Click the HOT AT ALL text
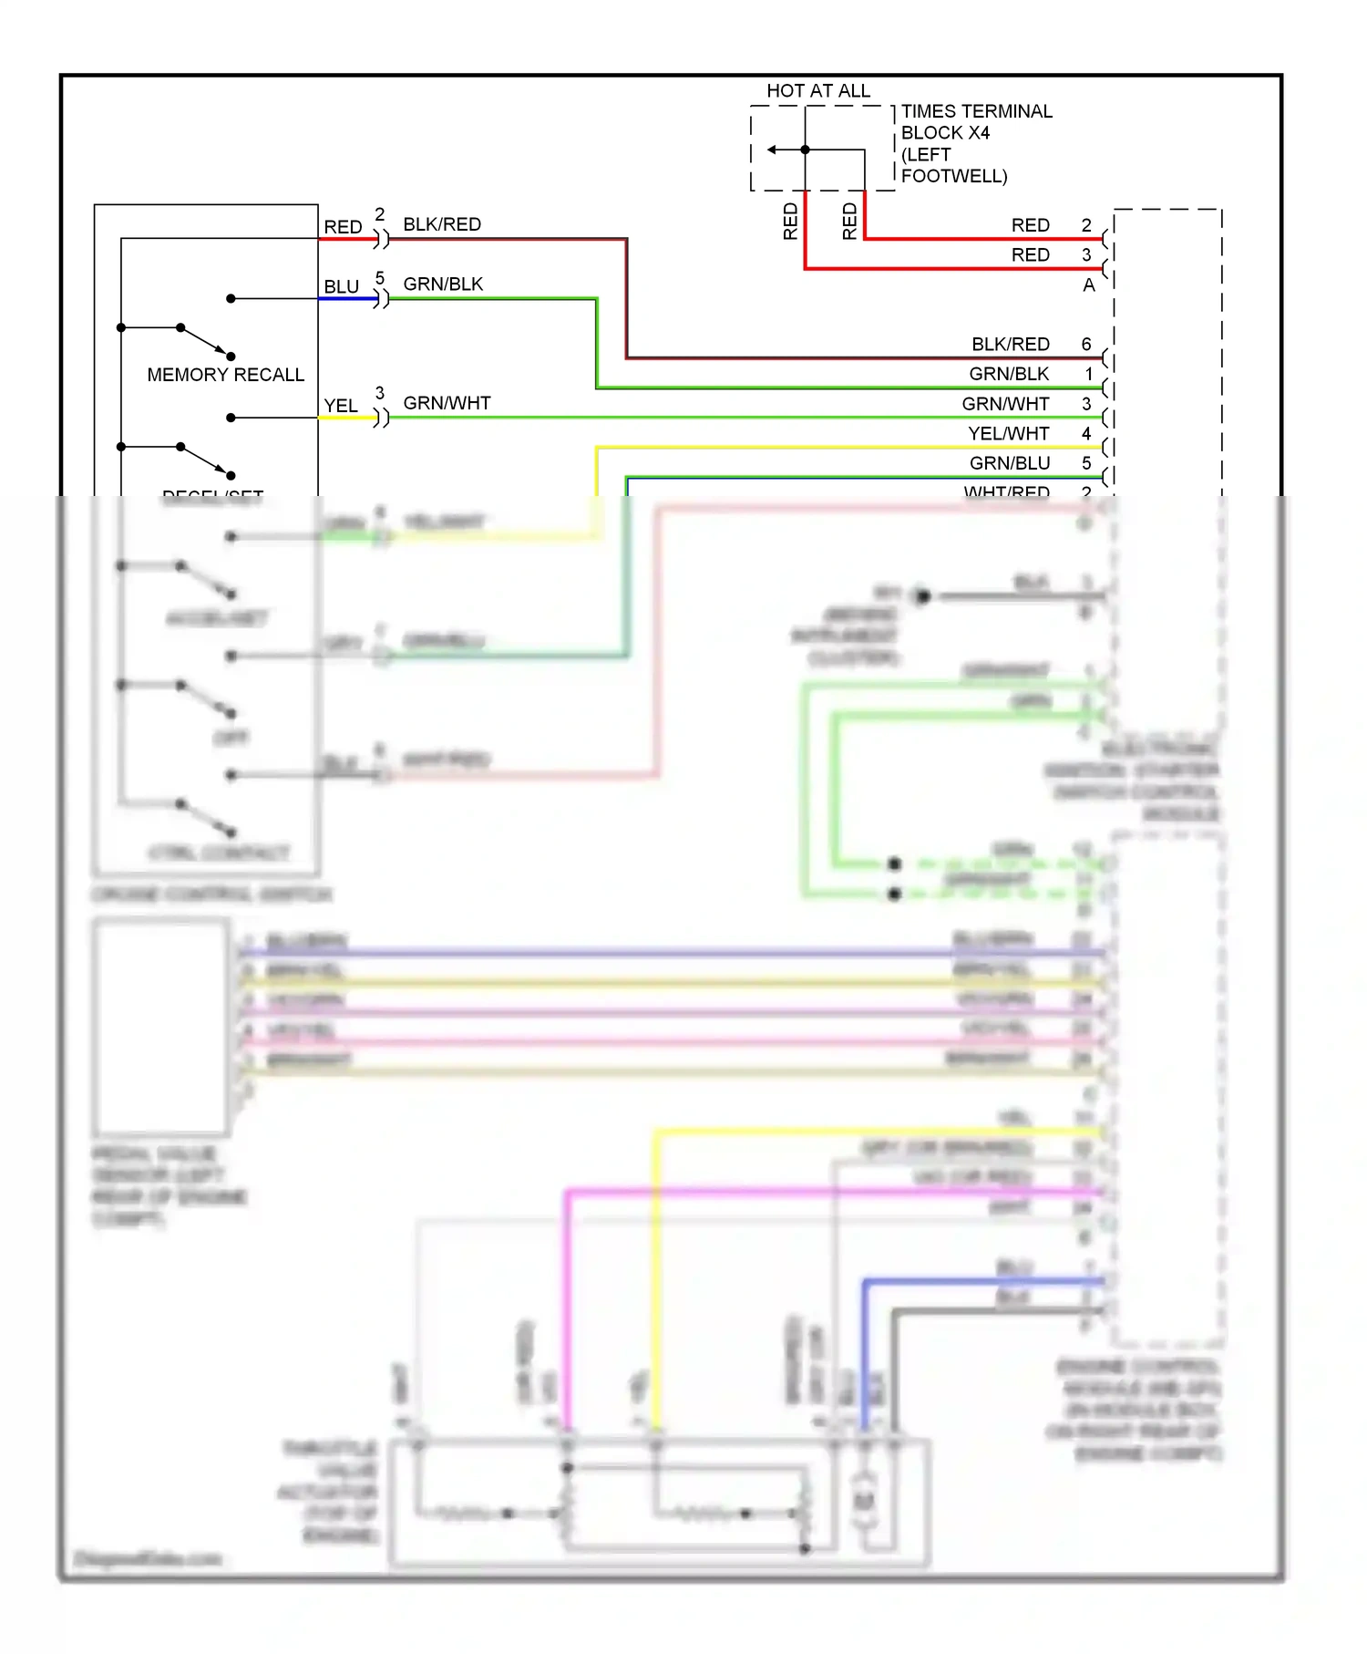(817, 90)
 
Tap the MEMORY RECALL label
(225, 375)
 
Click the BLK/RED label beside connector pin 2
(441, 224)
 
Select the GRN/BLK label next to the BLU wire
(443, 284)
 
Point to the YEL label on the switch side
(341, 406)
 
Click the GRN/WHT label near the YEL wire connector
(447, 403)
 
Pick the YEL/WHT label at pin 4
(1008, 433)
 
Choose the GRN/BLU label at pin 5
(1009, 463)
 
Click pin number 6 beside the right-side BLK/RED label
(1086, 344)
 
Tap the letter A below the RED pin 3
(1088, 285)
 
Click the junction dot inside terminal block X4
(805, 150)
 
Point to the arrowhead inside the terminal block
(772, 150)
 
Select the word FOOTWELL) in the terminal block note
(953, 176)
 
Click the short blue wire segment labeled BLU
(347, 298)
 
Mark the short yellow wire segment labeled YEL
(345, 418)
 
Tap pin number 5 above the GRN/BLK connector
(380, 277)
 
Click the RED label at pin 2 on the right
(1030, 225)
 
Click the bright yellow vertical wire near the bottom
(655, 1277)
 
